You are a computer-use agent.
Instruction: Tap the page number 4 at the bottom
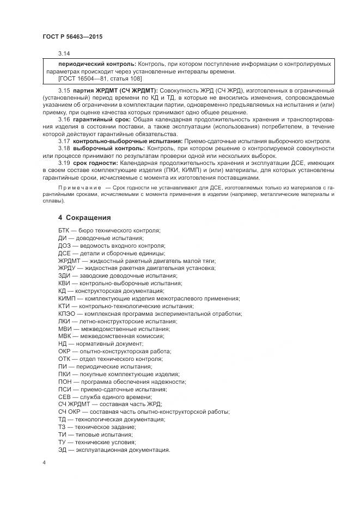[x=44, y=462]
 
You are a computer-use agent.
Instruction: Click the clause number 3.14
[x=64, y=54]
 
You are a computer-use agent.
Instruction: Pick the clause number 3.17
[x=64, y=141]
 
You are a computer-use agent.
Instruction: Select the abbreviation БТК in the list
[x=64, y=230]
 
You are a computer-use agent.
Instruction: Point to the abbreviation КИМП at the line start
[x=67, y=299]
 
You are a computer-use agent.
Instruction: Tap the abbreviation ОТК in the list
[x=64, y=359]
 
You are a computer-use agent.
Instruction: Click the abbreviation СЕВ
[x=64, y=397]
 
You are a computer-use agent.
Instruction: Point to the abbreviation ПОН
[x=65, y=382]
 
